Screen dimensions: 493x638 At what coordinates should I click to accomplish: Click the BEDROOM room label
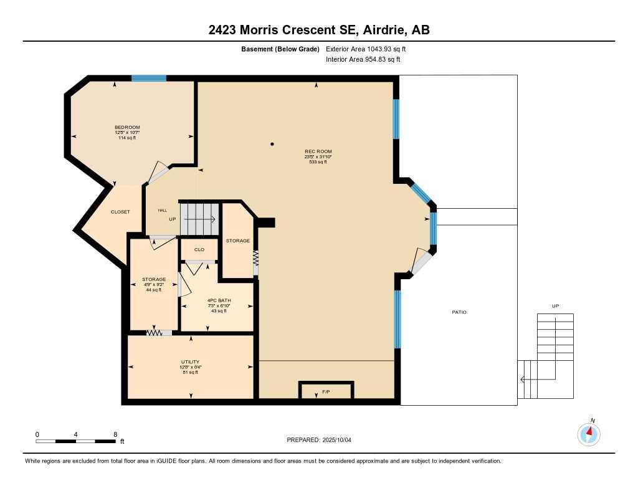point(127,127)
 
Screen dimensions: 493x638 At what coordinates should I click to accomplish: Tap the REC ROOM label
point(318,151)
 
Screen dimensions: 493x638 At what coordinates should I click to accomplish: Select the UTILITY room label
point(190,362)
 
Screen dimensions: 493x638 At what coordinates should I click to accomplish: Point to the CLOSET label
point(120,212)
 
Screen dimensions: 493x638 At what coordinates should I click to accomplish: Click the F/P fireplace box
point(326,391)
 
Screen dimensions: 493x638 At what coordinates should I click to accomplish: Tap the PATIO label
point(459,312)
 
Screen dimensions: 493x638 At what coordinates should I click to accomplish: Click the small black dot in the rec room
point(272,145)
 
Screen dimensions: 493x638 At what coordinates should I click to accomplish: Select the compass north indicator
point(589,433)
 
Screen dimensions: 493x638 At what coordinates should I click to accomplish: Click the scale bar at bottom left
point(75,441)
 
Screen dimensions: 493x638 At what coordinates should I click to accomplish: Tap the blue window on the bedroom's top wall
point(149,79)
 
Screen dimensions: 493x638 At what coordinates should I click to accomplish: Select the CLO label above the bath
point(199,249)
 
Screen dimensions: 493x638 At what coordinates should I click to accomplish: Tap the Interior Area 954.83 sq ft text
point(363,60)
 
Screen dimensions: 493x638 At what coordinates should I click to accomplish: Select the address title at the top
point(319,30)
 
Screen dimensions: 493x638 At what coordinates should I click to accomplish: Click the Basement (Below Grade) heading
point(280,49)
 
